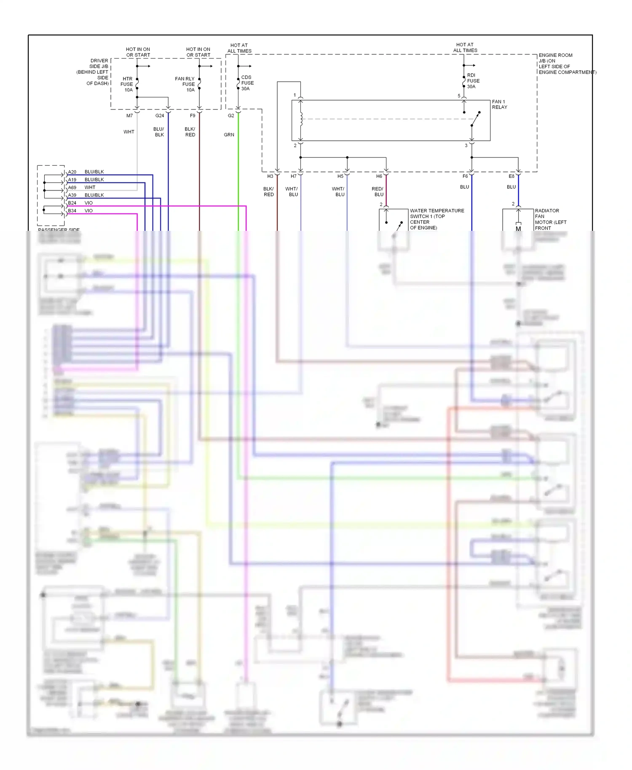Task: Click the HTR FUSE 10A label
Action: coord(127,84)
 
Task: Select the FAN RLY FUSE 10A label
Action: coord(185,84)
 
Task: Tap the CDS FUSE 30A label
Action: coord(247,83)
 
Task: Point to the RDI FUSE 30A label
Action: coord(473,81)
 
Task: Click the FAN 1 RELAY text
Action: coord(499,104)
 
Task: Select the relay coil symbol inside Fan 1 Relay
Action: coord(301,119)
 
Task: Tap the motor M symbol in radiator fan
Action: coord(518,229)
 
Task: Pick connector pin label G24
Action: coord(160,116)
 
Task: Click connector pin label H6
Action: coord(379,176)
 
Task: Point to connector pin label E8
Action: coord(511,176)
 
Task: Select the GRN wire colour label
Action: coord(229,135)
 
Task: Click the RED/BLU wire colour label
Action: coord(378,192)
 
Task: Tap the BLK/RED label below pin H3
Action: coord(269,192)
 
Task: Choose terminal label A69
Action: coord(72,187)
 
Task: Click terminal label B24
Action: coord(72,203)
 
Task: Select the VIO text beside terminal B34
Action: coord(88,211)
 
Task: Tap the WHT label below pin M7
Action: coord(129,132)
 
